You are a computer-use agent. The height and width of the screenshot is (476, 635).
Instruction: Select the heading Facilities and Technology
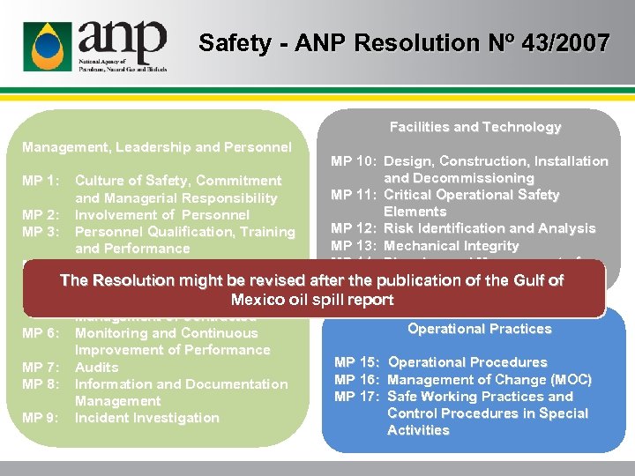tap(475, 127)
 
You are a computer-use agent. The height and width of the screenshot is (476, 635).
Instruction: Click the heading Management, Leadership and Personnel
tap(157, 146)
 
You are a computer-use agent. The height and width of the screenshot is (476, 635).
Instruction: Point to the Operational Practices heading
tap(479, 329)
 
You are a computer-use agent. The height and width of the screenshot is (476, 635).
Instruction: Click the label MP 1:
tap(41, 181)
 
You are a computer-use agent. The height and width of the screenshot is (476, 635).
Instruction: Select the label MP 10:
tap(354, 161)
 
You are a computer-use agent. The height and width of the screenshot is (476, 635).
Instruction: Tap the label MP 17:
tap(357, 397)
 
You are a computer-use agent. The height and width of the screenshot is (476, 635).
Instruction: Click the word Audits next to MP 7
tap(97, 367)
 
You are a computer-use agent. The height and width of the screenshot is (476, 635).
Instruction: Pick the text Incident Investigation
tap(146, 418)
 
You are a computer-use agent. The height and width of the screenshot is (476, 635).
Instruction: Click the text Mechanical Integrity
tap(452, 246)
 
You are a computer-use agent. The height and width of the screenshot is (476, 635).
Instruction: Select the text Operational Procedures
tap(467, 362)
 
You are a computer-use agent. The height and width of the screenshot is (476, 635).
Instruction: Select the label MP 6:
tap(41, 333)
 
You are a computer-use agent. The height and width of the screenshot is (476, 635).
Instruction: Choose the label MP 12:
tap(354, 228)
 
